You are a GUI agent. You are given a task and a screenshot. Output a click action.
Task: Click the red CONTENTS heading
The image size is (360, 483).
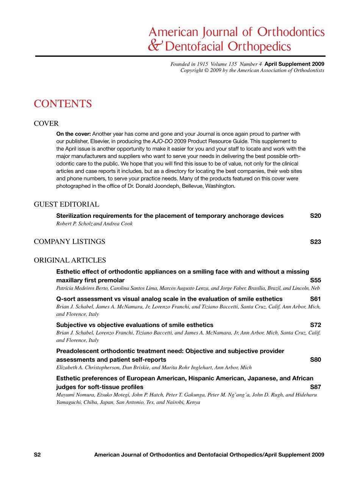point(63,104)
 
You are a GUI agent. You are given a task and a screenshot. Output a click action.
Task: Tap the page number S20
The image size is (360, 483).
point(315,216)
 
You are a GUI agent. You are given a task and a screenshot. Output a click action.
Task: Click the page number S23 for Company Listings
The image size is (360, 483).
point(315,242)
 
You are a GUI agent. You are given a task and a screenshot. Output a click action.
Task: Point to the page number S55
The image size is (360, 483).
point(315,280)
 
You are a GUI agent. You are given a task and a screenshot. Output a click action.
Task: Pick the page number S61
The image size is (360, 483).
point(315,299)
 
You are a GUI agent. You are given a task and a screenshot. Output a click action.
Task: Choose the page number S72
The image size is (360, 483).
point(315,325)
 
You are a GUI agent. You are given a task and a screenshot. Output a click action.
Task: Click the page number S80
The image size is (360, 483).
point(315,360)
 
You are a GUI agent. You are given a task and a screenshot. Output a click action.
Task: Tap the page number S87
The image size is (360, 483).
point(315,387)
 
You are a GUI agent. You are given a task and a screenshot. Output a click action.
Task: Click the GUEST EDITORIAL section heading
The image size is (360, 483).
point(67,205)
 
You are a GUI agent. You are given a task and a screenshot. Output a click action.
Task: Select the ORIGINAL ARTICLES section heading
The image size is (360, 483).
point(70,260)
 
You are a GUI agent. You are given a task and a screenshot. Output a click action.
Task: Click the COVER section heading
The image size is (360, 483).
point(46,123)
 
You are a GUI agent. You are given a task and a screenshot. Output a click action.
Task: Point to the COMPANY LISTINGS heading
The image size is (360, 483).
point(70,242)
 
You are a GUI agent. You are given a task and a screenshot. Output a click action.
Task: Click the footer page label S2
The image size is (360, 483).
point(37,455)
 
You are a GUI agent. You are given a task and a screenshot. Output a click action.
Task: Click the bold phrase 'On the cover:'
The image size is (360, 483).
point(74,134)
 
